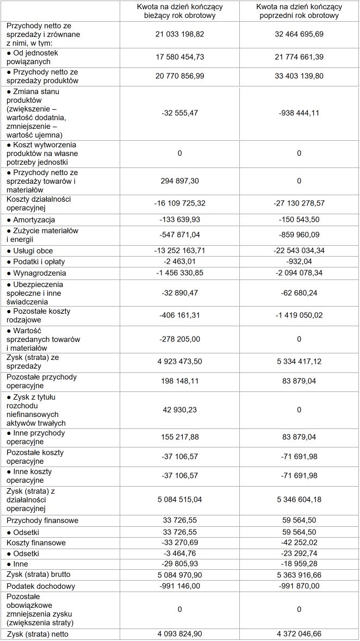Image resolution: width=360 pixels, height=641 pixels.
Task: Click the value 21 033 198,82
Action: pos(179,34)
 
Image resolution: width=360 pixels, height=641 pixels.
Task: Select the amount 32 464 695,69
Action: pos(299,34)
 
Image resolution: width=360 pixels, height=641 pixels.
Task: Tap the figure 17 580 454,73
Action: pos(179,57)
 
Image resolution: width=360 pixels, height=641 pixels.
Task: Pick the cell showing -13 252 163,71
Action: pos(179,251)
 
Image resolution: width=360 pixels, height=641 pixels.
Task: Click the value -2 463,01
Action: pos(179,262)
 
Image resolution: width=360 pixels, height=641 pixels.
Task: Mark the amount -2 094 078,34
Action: pos(299,273)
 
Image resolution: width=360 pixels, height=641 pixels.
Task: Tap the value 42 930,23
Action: pos(179,409)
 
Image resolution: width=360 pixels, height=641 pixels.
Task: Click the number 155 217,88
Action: pos(179,437)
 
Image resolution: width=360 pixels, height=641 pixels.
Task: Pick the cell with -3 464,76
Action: pos(179,553)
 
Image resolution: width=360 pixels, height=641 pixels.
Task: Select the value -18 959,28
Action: pos(299,564)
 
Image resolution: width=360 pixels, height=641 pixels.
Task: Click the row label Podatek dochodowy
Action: pos(41,586)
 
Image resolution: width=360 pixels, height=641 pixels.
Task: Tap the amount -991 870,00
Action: pos(299,586)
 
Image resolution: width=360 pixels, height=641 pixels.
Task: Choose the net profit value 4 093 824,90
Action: pos(179,634)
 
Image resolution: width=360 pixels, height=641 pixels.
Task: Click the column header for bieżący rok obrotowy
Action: pos(179,11)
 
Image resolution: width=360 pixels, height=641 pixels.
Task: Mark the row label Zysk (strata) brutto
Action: pos(39,574)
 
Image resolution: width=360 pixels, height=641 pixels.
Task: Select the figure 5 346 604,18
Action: pos(299,499)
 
